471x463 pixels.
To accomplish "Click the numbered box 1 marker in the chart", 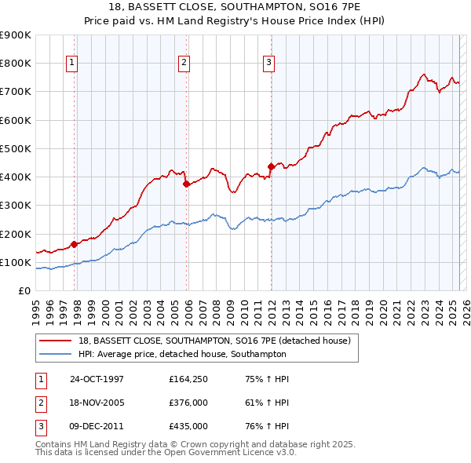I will (x=71, y=64).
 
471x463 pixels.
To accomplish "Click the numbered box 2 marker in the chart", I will (x=184, y=64).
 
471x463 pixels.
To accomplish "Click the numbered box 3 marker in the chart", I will (x=268, y=64).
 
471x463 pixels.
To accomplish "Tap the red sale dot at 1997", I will (x=75, y=244).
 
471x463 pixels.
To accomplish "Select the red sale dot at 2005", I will (x=186, y=184).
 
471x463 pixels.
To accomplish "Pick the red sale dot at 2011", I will (x=271, y=166).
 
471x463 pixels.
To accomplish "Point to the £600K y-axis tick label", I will (x=16, y=120).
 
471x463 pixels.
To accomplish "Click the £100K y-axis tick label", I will (x=16, y=262).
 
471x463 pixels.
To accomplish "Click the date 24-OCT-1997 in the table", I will (x=97, y=379).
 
